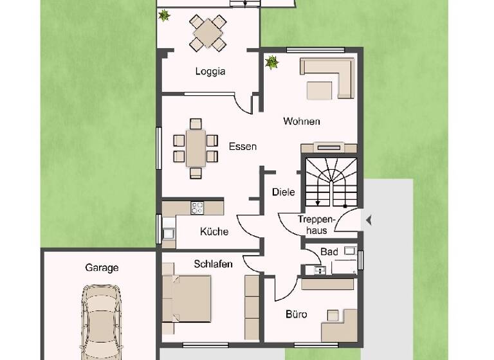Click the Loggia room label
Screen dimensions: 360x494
point(210,71)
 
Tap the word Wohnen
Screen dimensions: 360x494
point(302,121)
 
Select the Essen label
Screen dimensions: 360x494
point(242,147)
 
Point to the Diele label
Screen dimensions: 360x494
point(284,192)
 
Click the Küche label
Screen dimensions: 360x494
point(214,231)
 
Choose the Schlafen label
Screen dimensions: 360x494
point(213,264)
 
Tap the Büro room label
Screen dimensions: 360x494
point(296,314)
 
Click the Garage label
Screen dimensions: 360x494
point(102,267)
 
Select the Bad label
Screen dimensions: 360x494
point(329,252)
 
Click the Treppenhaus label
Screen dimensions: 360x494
point(313,225)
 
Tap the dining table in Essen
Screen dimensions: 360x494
point(196,148)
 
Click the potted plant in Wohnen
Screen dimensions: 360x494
point(272,62)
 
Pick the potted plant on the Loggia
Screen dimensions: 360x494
point(165,15)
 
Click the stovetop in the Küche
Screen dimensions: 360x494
point(197,208)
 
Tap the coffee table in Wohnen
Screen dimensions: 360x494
point(320,90)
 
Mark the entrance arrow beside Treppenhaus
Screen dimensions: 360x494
point(369,221)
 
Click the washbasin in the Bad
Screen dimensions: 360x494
point(320,270)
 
